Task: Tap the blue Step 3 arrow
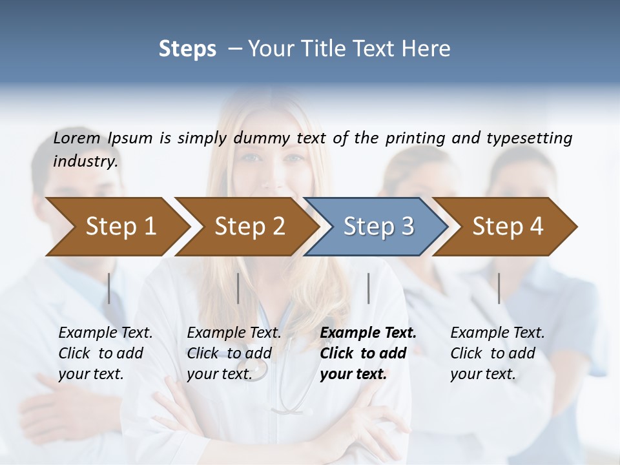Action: [378, 226]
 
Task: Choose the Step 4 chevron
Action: [508, 226]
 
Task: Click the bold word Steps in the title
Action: [187, 48]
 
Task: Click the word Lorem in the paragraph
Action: [77, 138]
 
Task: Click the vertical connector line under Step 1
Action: [109, 288]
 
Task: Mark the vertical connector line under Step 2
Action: [238, 288]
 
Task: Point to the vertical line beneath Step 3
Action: [368, 288]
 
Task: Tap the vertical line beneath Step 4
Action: [499, 288]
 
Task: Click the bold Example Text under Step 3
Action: [368, 333]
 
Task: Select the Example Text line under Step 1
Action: [105, 333]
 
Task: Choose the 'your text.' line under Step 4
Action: [483, 374]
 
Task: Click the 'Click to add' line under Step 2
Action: [229, 353]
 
